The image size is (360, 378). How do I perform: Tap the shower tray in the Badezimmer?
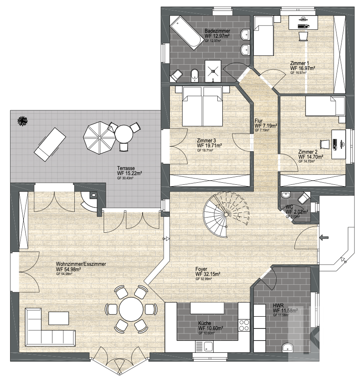213,71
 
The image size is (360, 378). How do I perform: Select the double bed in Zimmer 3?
202,106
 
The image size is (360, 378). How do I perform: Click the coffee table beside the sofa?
58,318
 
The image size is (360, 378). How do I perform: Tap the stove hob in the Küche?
244,325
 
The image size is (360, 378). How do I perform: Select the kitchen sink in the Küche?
204,346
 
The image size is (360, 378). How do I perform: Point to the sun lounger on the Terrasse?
50,144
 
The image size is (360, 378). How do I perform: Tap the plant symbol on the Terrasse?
23,120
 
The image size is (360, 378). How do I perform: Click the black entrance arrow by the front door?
324,237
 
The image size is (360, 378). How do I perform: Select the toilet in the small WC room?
304,198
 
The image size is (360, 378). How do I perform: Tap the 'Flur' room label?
258,121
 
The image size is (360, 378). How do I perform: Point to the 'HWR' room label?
278,306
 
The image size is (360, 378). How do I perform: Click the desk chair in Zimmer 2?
325,144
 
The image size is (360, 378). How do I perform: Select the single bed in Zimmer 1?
263,36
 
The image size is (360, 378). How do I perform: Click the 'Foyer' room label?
201,269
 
